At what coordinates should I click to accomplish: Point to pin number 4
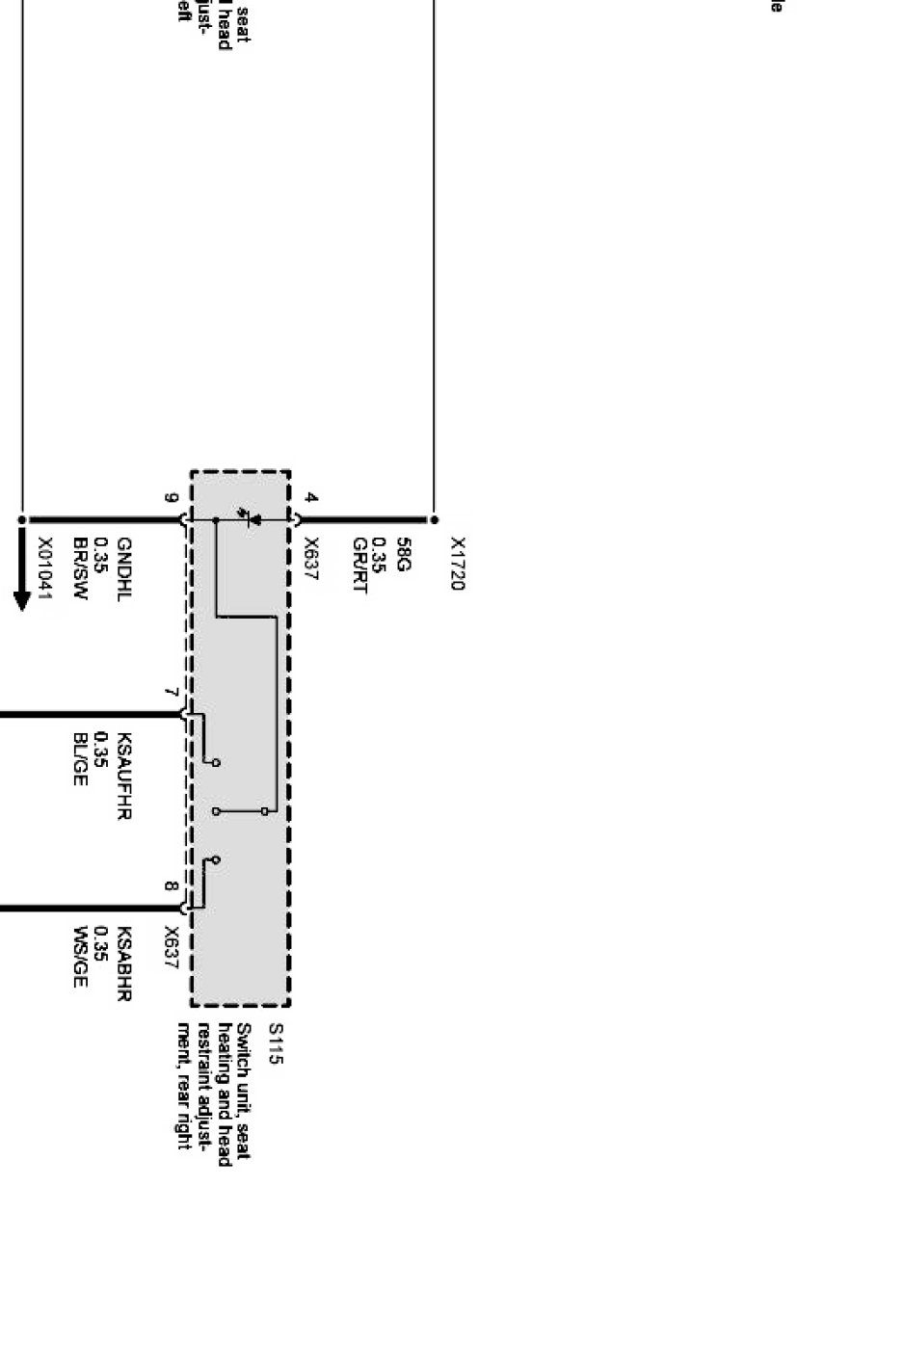[310, 498]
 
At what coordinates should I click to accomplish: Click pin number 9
[172, 498]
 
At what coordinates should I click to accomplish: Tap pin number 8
[172, 886]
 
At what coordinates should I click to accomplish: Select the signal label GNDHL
[123, 567]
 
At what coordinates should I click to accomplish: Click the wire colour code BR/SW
[81, 568]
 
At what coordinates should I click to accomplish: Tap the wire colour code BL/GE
[81, 758]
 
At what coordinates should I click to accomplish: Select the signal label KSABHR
[123, 964]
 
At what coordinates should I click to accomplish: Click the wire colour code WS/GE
[81, 957]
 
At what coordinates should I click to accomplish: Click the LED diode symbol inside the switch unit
[253, 518]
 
